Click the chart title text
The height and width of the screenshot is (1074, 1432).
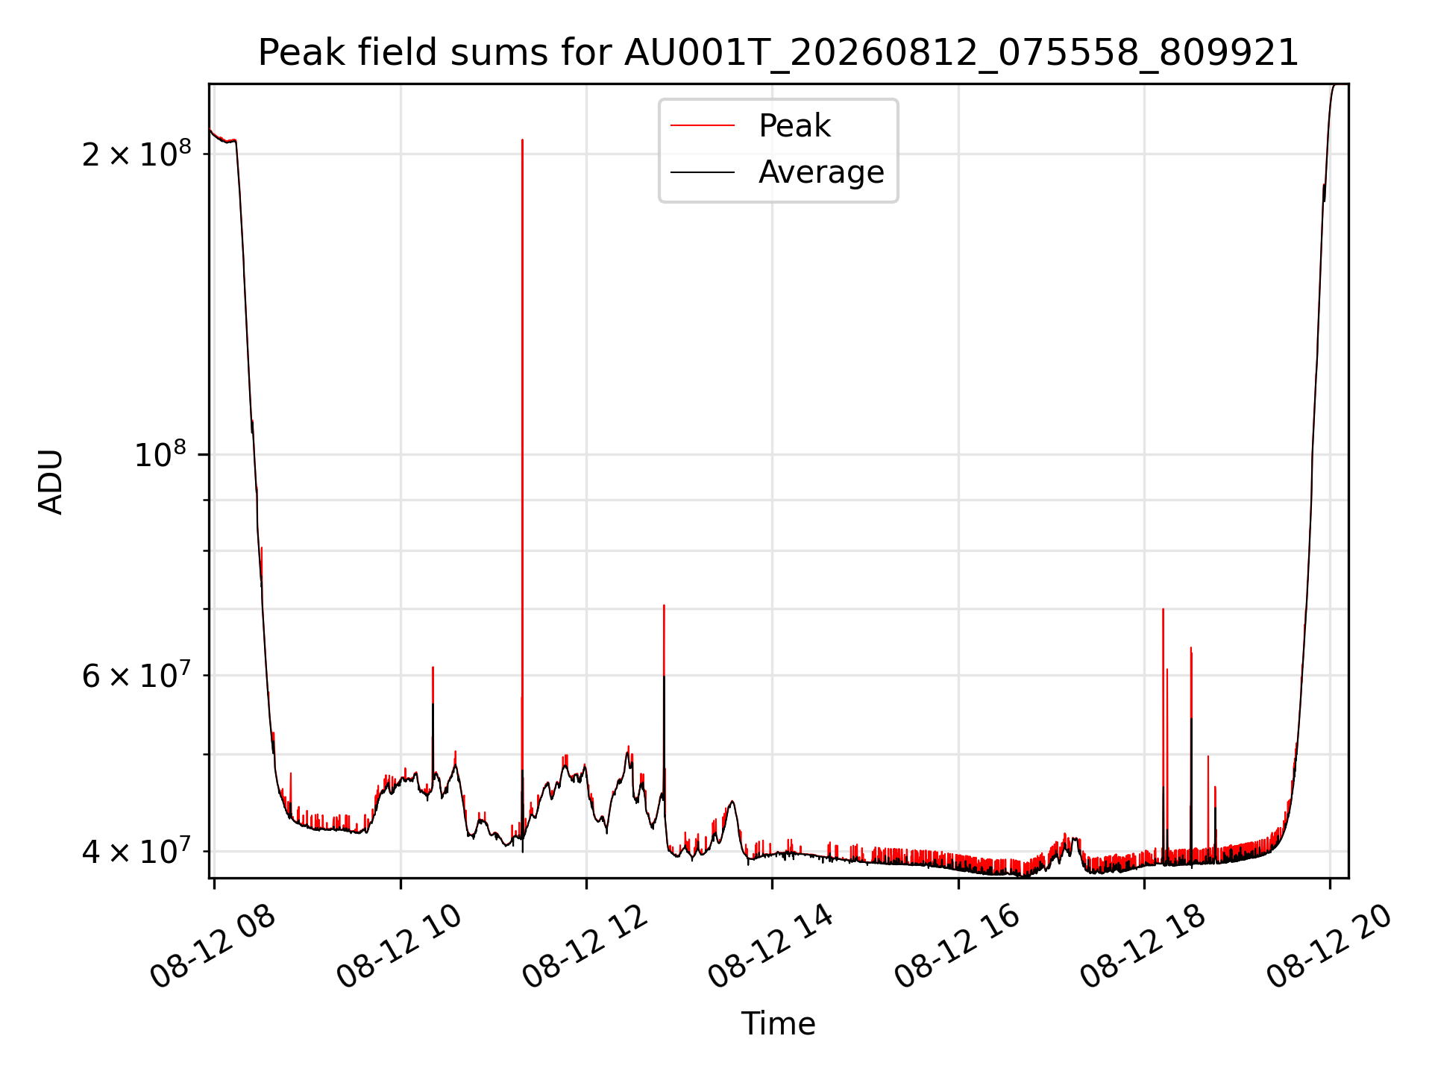(x=778, y=53)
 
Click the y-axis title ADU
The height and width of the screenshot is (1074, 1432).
(x=51, y=481)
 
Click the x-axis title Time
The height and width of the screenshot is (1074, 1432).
(x=778, y=1023)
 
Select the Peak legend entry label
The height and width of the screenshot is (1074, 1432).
(x=794, y=125)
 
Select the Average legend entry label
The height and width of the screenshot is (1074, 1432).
(x=821, y=172)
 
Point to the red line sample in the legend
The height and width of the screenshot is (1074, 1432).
(x=703, y=126)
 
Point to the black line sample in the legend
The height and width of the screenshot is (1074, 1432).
(x=703, y=172)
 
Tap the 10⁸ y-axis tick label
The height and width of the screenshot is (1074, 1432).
(x=163, y=453)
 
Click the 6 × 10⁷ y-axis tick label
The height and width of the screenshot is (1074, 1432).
(x=136, y=675)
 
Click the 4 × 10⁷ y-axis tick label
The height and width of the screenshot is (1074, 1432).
(x=136, y=850)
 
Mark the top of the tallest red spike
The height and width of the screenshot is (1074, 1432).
(x=522, y=139)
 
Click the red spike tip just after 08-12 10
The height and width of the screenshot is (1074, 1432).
(x=433, y=668)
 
